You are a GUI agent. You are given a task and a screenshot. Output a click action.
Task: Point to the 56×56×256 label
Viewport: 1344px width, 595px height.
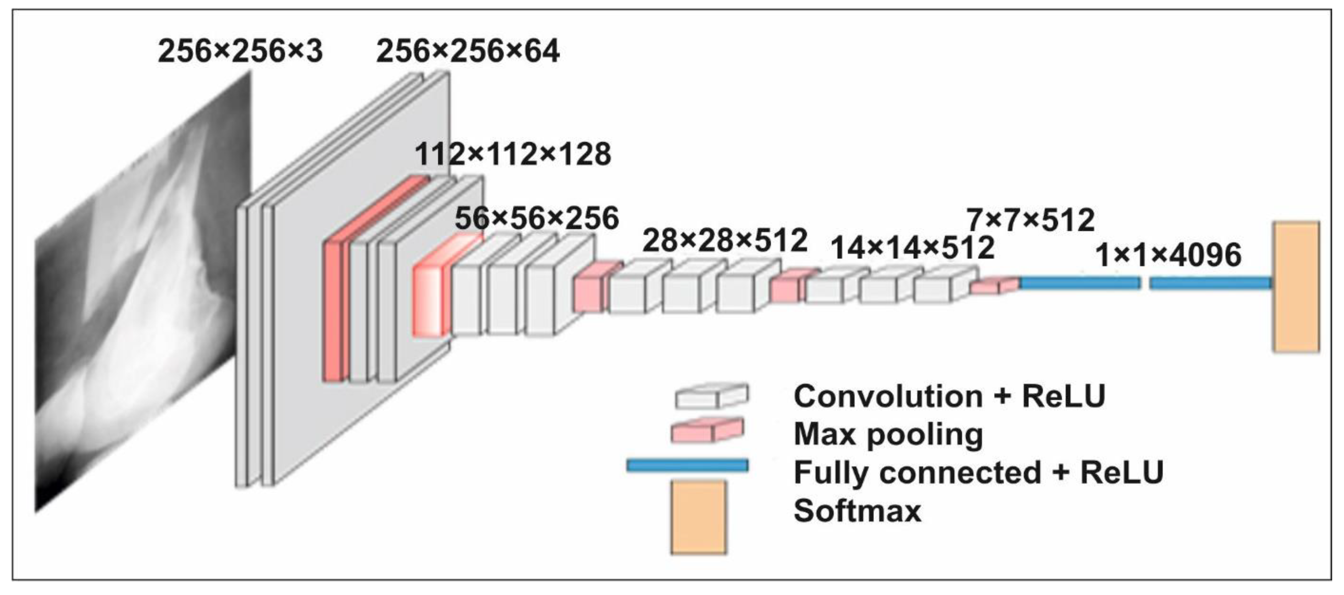(536, 218)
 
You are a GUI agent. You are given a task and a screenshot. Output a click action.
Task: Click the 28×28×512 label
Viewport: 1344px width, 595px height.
(725, 241)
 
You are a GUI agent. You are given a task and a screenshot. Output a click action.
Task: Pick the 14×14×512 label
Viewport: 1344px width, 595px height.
(912, 248)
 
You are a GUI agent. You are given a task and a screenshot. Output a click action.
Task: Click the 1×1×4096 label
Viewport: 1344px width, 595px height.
(1168, 256)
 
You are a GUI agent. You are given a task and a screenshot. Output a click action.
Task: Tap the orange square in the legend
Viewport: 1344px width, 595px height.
(698, 516)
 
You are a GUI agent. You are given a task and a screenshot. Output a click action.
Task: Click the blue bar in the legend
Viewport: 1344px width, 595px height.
(687, 465)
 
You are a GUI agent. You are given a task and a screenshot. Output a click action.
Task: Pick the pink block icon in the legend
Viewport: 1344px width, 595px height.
(707, 431)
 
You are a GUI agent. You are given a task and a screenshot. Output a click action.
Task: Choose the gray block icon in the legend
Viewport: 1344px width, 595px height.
(711, 396)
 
